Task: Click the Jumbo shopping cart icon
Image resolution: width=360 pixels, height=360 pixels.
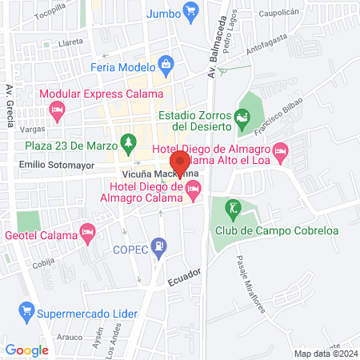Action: tap(190, 10)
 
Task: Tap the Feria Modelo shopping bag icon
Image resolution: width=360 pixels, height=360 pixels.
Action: tap(166, 63)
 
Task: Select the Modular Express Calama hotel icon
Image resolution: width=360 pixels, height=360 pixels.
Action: tap(56, 113)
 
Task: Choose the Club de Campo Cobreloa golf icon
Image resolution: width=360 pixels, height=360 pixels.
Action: tap(233, 209)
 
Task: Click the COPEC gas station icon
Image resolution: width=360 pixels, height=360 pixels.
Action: tap(161, 246)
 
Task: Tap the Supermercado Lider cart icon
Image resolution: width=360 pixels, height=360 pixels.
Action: tap(26, 310)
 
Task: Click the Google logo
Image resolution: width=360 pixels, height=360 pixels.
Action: tap(26, 350)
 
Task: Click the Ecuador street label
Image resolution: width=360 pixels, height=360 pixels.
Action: tap(184, 282)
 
